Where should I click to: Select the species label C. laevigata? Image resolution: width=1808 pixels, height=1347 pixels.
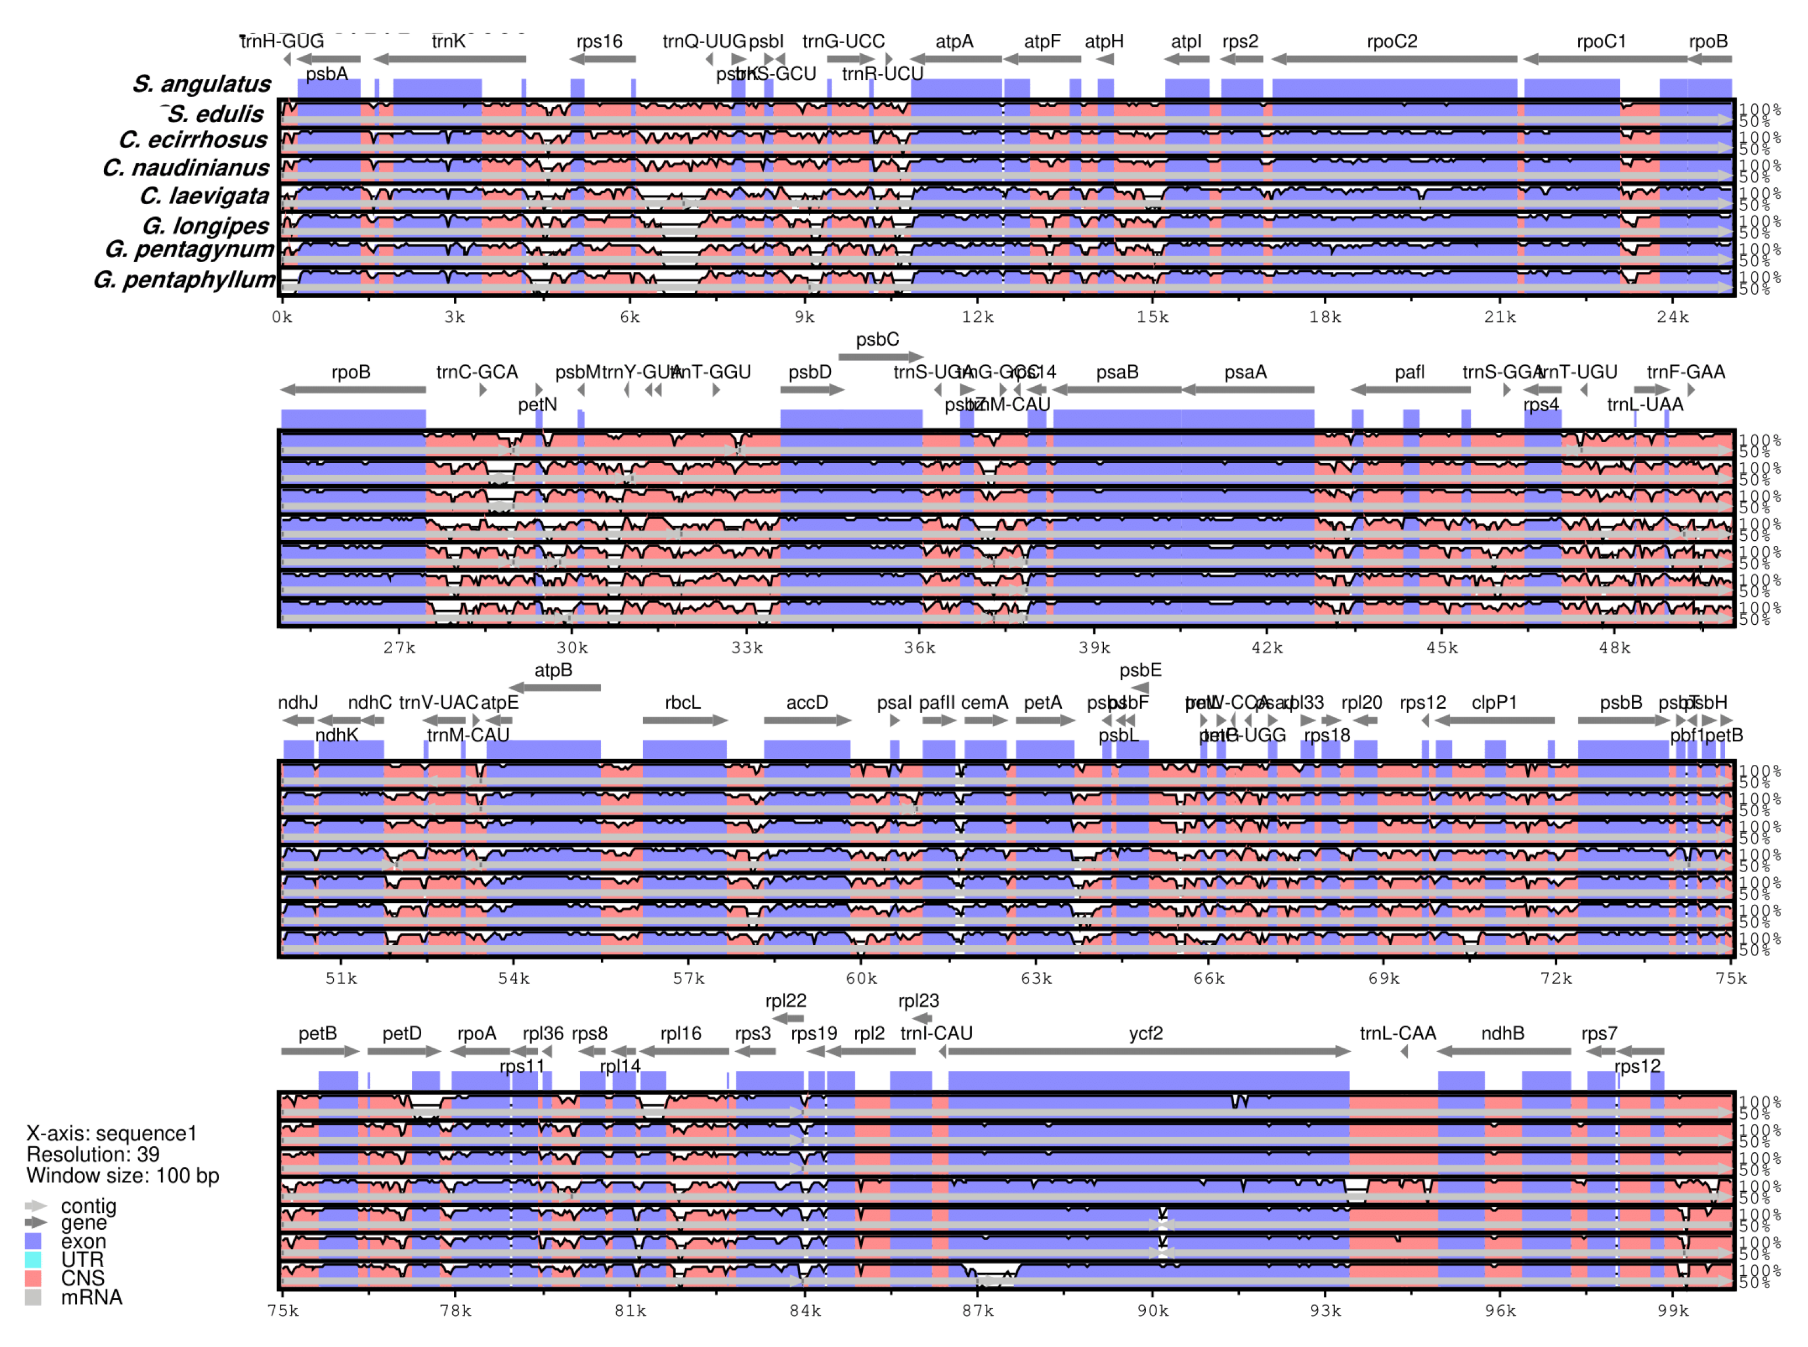[204, 197]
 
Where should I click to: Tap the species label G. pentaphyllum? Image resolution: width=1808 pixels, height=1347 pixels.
[184, 281]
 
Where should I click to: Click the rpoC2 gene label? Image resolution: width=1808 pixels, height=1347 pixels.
[1391, 41]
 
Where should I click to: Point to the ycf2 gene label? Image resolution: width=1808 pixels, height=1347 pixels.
[1145, 1034]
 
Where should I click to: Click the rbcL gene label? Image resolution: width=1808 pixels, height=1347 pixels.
[683, 703]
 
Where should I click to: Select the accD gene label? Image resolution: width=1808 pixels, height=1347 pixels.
[806, 703]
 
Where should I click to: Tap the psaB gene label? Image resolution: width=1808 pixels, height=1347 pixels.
[1117, 373]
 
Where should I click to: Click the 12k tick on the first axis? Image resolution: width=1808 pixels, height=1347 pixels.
[977, 317]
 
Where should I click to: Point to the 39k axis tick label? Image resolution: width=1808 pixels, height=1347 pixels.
[1093, 648]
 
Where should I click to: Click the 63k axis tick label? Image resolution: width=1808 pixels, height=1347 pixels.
[1036, 978]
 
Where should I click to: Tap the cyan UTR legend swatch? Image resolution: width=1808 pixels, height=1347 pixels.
[33, 1259]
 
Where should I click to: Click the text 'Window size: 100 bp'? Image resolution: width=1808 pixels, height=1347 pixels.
[123, 1175]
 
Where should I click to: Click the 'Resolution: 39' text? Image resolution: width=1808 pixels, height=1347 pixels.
[93, 1154]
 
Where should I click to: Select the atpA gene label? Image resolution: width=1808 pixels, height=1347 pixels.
[953, 41]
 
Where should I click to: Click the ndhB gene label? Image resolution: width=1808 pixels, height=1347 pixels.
[1502, 1034]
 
